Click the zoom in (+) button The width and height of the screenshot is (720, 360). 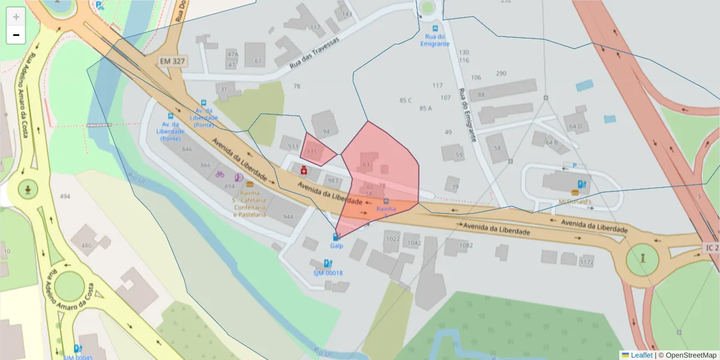16,17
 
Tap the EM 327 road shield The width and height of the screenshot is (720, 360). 173,61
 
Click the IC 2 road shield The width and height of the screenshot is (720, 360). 710,247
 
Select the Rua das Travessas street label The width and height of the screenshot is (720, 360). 314,52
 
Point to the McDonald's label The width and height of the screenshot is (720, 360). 575,201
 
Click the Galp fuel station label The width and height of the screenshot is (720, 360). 336,246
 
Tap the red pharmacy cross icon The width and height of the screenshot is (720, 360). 304,172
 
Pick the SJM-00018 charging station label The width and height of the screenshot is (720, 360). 328,273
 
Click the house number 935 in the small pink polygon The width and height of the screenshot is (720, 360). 311,152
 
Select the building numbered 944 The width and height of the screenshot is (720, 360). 288,217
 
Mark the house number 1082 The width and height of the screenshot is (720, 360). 466,245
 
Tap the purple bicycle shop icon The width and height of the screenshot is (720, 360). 220,175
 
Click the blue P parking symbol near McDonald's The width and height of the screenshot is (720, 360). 574,165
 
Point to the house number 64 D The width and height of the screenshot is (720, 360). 576,127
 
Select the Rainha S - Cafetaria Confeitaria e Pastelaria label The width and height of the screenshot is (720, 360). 250,204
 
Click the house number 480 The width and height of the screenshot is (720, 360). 86,245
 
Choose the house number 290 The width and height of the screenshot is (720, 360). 501,74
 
